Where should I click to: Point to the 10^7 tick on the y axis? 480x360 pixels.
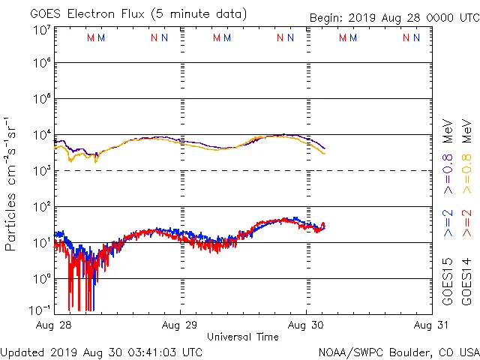[41, 31]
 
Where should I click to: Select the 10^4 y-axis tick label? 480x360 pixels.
[41, 135]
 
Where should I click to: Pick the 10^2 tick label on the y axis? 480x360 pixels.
[41, 206]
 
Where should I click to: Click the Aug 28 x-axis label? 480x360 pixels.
[54, 325]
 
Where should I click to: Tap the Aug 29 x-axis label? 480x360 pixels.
[180, 325]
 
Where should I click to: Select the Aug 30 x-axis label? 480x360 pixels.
[306, 325]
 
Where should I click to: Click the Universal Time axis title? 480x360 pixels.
[242, 337]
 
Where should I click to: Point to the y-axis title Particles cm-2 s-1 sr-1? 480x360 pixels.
[11, 184]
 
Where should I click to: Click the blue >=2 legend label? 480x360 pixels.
[448, 223]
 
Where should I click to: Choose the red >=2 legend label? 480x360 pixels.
[466, 223]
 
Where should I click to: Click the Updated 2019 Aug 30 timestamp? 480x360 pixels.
[101, 352]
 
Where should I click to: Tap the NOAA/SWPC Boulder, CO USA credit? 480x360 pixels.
[398, 352]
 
